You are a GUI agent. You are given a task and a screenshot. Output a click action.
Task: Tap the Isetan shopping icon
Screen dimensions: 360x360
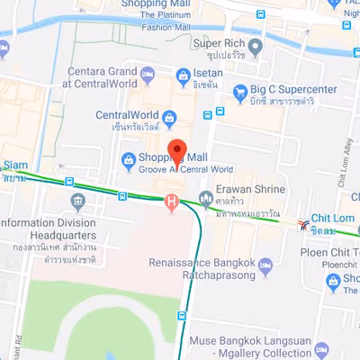[184, 75]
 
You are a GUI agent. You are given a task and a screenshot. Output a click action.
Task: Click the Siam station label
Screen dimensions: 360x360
[15, 171]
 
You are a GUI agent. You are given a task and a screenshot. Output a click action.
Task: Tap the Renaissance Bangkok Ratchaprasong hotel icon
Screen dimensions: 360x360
[265, 266]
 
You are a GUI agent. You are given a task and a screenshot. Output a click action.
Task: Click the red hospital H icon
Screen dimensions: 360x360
[171, 202]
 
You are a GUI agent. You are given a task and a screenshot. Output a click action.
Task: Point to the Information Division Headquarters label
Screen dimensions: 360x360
[47, 229]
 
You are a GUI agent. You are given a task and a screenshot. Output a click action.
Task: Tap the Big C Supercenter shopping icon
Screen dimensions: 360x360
[240, 92]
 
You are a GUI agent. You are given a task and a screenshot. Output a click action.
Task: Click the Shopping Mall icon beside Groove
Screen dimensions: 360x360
[127, 160]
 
